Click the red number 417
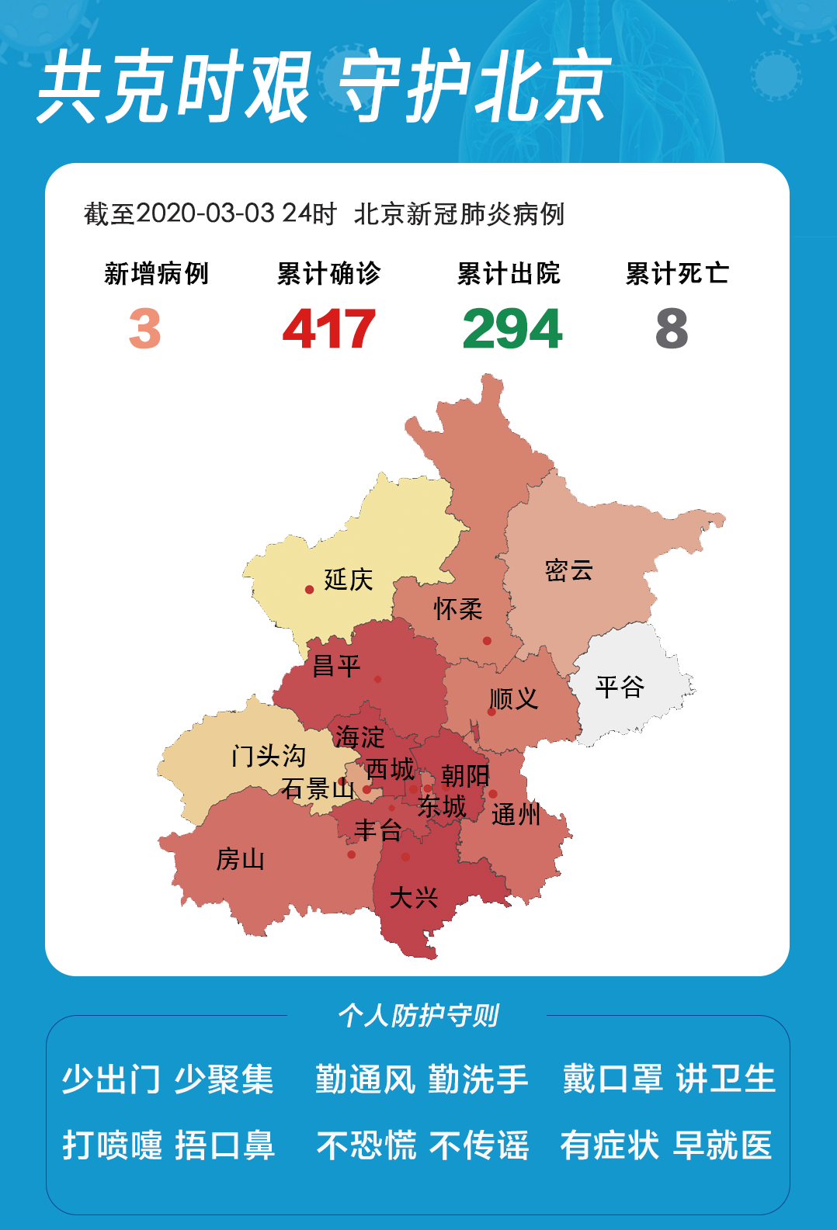pos(328,329)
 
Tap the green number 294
pos(512,329)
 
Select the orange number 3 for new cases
pos(145,329)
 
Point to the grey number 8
pos(672,329)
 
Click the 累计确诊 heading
pos(328,273)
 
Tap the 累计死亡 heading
pos(677,273)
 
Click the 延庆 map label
pos(349,580)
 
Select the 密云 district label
pos(569,570)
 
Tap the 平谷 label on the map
pos(620,687)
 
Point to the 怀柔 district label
pos(458,609)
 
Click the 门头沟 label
pos(269,755)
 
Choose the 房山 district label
pos(241,859)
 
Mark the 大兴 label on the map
pos(414,898)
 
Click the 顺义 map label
pos(514,698)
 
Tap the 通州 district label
pos(516,815)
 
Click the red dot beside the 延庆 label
pos(309,590)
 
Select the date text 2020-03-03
pos(205,213)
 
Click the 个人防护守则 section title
pos(418,1015)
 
